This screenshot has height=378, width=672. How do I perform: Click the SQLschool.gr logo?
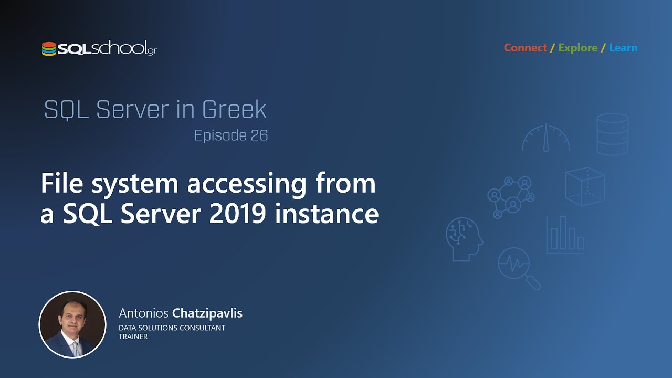click(x=99, y=49)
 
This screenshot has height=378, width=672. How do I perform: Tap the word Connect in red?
click(x=526, y=48)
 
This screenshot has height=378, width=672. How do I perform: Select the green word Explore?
click(x=577, y=48)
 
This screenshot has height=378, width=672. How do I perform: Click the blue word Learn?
click(x=623, y=48)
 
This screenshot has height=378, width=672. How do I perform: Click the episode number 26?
click(x=259, y=135)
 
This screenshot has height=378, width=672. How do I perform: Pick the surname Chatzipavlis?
click(x=207, y=313)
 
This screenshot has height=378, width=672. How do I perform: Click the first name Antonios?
click(x=143, y=313)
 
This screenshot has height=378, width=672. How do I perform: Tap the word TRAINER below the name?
click(x=133, y=337)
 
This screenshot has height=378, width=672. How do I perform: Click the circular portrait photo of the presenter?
click(x=72, y=324)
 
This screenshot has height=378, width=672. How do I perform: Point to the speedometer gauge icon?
click(x=546, y=138)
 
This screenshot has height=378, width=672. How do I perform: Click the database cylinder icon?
click(x=612, y=134)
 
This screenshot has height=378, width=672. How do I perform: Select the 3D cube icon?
click(x=585, y=186)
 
